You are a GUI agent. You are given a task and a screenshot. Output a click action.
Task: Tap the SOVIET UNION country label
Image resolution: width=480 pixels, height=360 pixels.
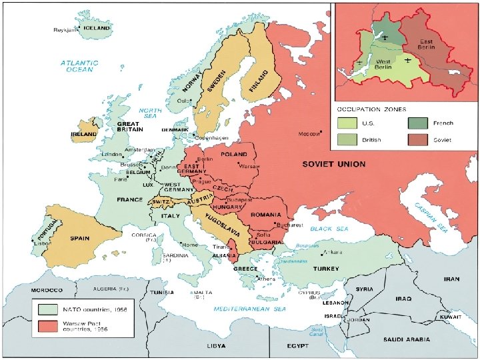pos(333,163)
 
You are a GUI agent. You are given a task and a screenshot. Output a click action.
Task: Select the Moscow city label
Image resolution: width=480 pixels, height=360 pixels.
pos(309,134)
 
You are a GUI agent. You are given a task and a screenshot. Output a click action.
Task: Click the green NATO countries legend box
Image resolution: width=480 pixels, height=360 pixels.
pos(48,309)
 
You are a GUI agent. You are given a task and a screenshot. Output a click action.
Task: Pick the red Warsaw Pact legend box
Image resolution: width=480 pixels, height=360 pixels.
pos(48,326)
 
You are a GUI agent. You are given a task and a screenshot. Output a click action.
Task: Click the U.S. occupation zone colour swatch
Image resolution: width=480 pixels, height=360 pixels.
pos(347,123)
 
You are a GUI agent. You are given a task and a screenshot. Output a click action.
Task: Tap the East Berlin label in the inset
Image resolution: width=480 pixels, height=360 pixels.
pos(426,45)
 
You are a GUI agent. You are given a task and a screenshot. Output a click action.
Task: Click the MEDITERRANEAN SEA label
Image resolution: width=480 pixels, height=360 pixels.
pos(250,309)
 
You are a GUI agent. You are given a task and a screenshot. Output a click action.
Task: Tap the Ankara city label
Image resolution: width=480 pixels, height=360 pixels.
pos(333,252)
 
